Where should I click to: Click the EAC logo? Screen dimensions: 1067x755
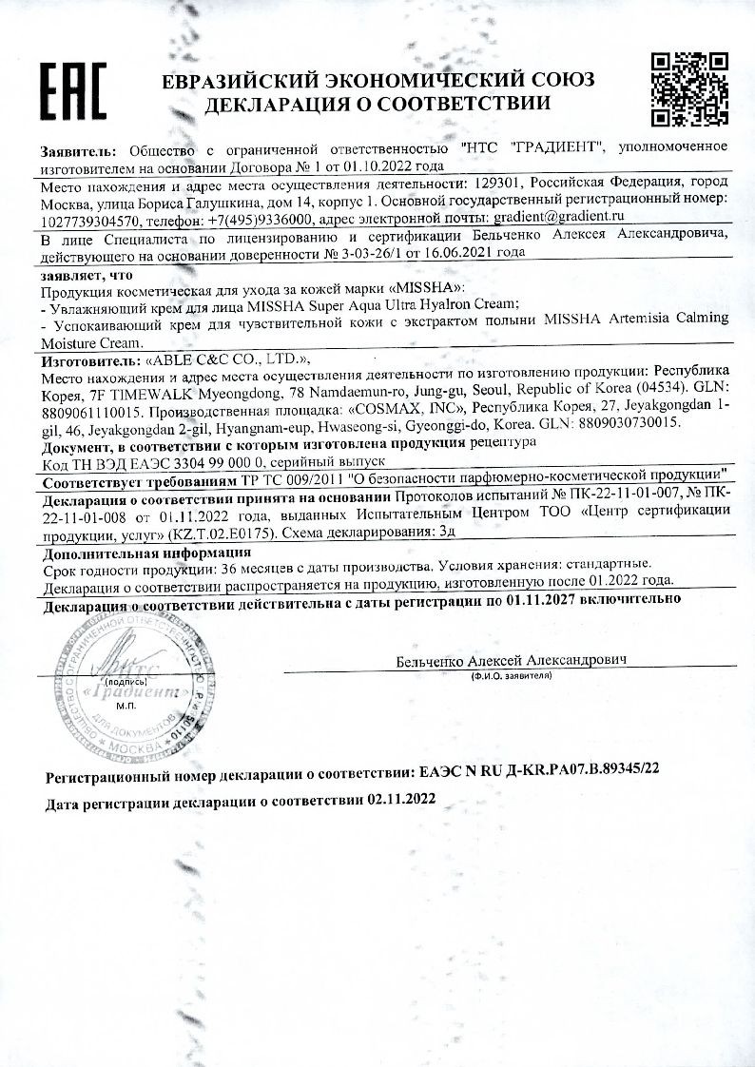pos(72,90)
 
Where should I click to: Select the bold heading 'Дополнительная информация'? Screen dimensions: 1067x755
pos(147,551)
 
